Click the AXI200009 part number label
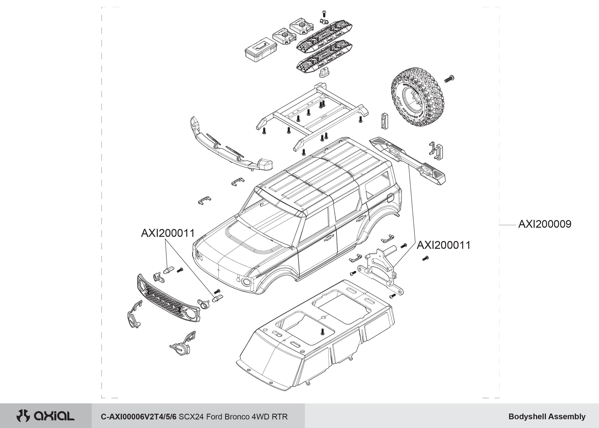point(544,224)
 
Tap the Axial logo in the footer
point(46,416)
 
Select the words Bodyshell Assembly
point(547,417)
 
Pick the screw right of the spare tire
point(449,78)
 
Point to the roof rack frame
point(311,113)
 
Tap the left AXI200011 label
point(168,233)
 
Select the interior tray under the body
point(316,335)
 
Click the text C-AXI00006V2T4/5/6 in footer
point(139,417)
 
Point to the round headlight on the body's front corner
point(246,282)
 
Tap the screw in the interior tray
point(322,332)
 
